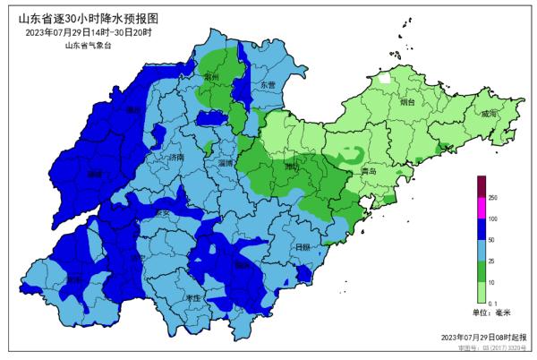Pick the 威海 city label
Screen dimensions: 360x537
coord(488,115)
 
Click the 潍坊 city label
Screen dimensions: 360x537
coord(293,167)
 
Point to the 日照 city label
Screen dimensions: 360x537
coord(302,246)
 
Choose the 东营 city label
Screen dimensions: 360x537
coord(268,85)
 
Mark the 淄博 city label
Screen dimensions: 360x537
coord(227,164)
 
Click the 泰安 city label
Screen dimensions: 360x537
coord(163,213)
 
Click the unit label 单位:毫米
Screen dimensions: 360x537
coord(490,313)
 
